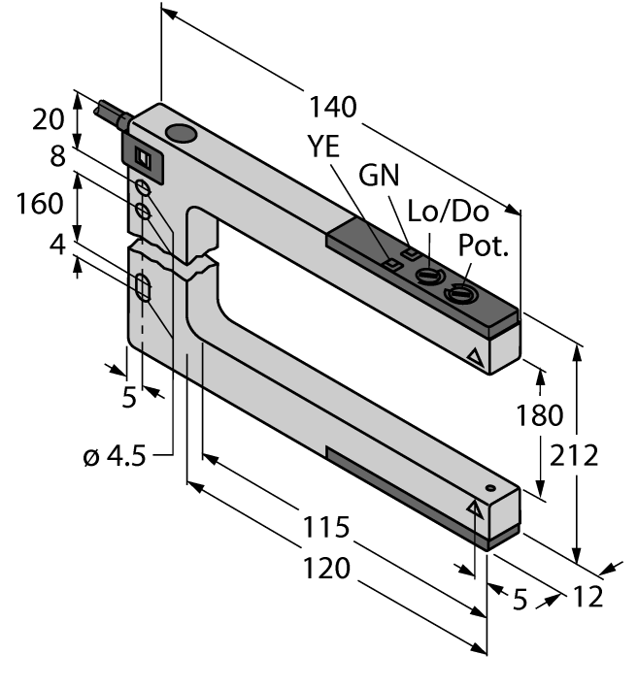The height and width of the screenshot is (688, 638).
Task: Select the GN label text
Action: tap(380, 179)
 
